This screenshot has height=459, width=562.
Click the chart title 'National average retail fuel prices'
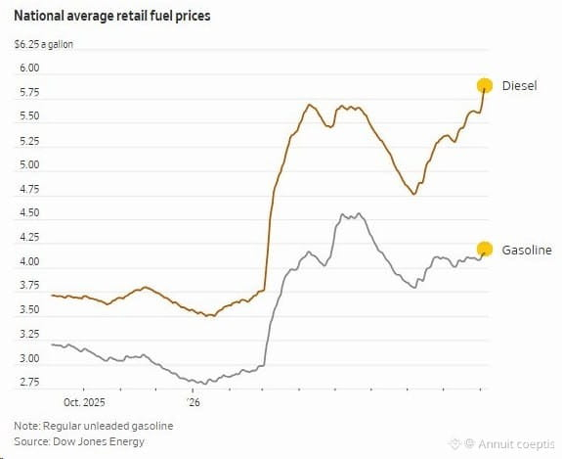(x=112, y=17)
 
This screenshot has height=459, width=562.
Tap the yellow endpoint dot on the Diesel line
(x=485, y=86)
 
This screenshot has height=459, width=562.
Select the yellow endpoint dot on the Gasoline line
(x=485, y=249)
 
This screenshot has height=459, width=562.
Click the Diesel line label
(x=519, y=86)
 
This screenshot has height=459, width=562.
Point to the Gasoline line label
(x=527, y=250)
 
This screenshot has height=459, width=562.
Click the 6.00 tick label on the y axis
(x=29, y=68)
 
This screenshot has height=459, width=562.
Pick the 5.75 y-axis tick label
(x=29, y=93)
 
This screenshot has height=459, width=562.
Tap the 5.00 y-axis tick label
(x=29, y=164)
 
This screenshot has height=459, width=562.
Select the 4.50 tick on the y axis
(x=29, y=212)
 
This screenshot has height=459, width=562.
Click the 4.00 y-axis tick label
(x=29, y=261)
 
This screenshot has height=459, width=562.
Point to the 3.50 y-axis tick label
(x=29, y=309)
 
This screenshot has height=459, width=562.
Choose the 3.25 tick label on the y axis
(x=29, y=334)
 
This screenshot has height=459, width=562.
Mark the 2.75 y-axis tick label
(x=29, y=383)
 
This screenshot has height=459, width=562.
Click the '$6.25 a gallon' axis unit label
(x=43, y=44)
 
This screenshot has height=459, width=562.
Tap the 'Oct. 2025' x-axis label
(x=84, y=402)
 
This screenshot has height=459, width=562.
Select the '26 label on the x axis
(x=194, y=402)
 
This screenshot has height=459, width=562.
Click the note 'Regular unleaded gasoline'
(x=108, y=426)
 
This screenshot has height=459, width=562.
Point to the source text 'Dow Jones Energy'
(x=99, y=441)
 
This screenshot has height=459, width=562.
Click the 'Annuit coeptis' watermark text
(x=516, y=444)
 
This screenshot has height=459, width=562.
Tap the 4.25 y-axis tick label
(x=29, y=237)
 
